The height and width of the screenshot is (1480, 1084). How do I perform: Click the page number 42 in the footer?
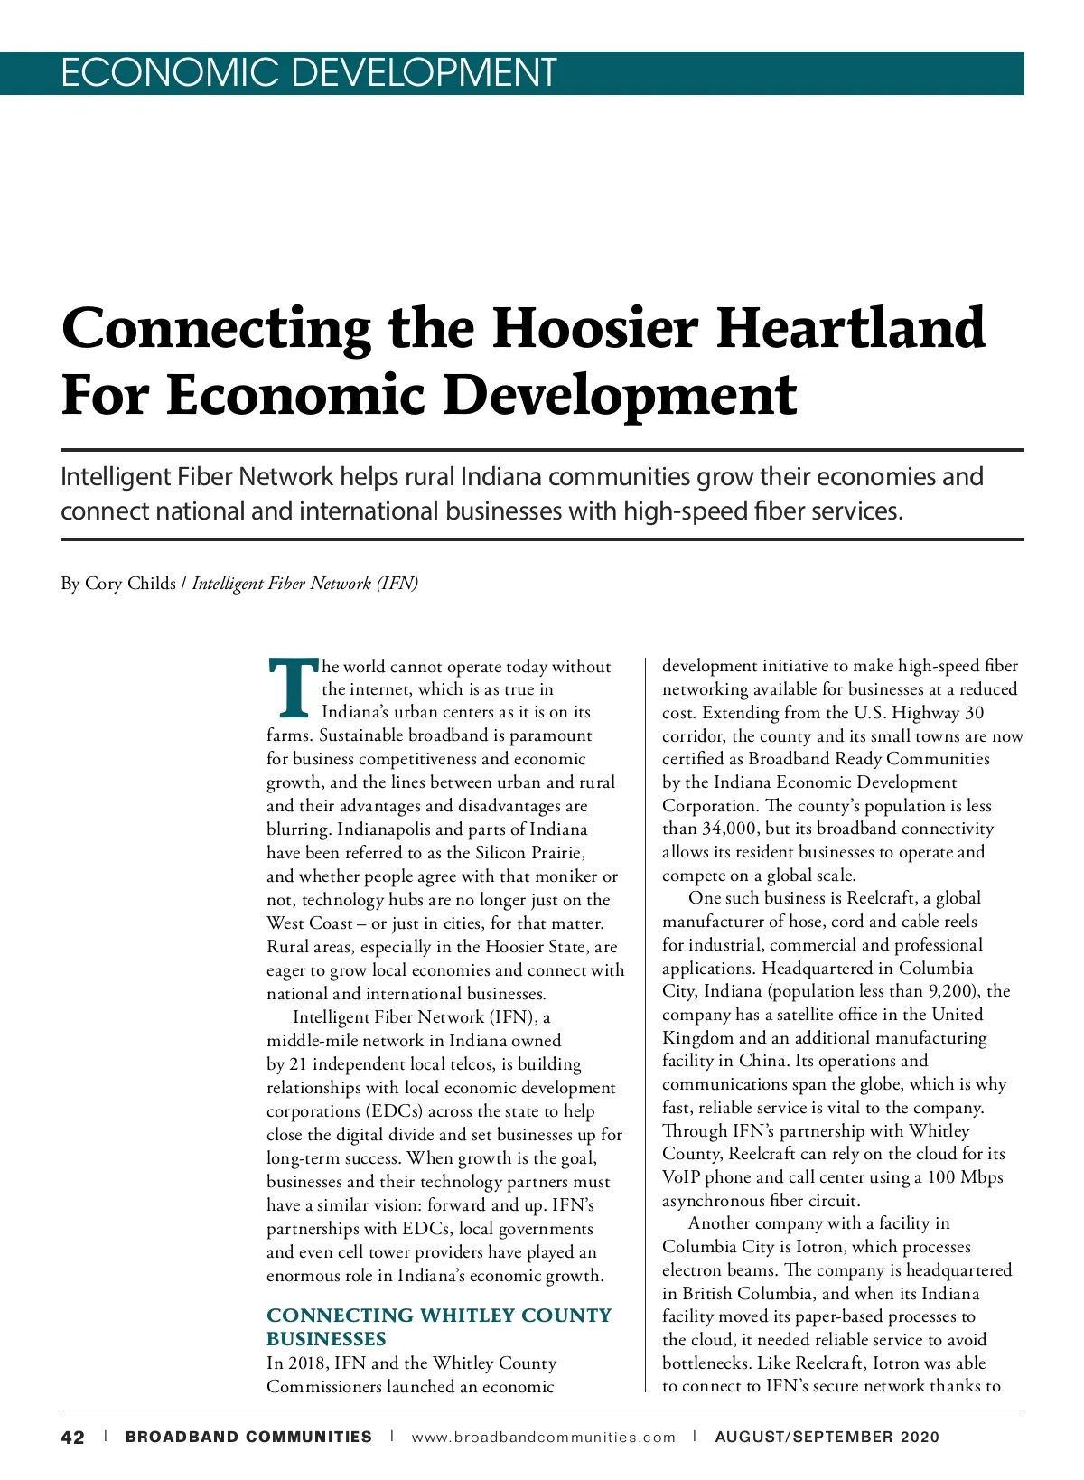pos(72,1438)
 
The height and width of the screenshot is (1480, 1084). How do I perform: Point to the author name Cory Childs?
pos(130,584)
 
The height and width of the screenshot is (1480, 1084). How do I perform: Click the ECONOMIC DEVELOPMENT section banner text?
pos(308,73)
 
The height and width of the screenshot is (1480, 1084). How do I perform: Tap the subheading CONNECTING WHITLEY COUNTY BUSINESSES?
pos(438,1326)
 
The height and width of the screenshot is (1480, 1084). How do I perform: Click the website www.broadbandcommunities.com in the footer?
pos(543,1438)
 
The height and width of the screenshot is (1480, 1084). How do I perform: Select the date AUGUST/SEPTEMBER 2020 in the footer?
pos(827,1438)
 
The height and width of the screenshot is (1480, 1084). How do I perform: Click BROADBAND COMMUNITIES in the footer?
pos(248,1438)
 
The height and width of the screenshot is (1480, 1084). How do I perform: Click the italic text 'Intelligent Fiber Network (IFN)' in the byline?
pos(305,584)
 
